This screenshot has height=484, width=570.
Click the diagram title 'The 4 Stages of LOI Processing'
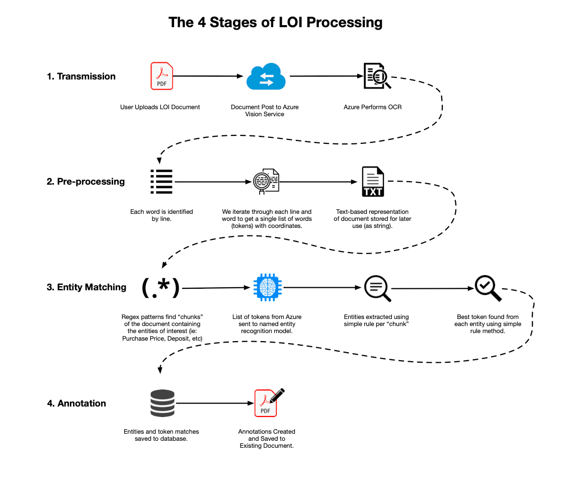pyautogui.click(x=275, y=23)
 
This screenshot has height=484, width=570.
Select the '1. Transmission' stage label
pyautogui.click(x=81, y=76)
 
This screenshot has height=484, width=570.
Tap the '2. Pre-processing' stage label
pyautogui.click(x=86, y=182)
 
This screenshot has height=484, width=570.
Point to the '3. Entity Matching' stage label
pyautogui.click(x=87, y=287)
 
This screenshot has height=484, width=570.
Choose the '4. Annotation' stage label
pyautogui.click(x=76, y=404)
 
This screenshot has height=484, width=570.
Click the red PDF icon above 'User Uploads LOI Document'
pyautogui.click(x=161, y=76)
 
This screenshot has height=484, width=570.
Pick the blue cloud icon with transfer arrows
pyautogui.click(x=266, y=76)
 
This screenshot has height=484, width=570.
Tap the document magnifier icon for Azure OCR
pyautogui.click(x=377, y=76)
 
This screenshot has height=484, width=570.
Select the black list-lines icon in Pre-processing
pyautogui.click(x=161, y=182)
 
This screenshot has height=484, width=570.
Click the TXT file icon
pyautogui.click(x=373, y=182)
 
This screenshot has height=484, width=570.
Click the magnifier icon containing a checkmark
pyautogui.click(x=488, y=288)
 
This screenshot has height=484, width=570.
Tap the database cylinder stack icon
pyautogui.click(x=161, y=404)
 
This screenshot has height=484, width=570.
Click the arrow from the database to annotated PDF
pyautogui.click(x=213, y=404)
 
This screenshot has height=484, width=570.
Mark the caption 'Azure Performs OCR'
pyautogui.click(x=373, y=107)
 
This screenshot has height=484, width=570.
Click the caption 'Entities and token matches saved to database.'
pyautogui.click(x=161, y=435)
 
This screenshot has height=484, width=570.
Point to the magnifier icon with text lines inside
pyautogui.click(x=377, y=289)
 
